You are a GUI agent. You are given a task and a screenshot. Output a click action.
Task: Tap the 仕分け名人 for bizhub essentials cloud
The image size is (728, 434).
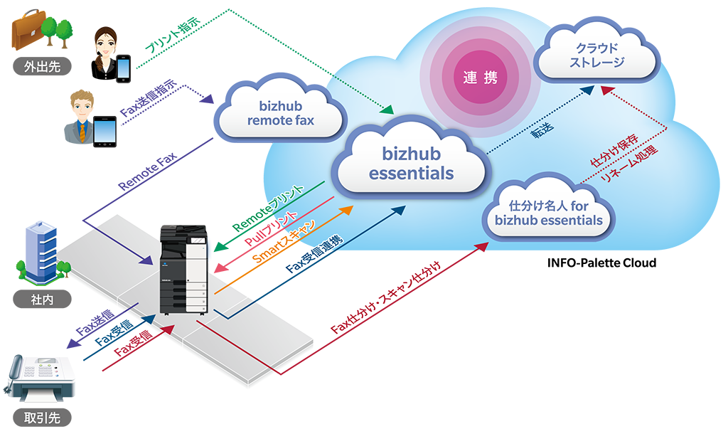[548, 213]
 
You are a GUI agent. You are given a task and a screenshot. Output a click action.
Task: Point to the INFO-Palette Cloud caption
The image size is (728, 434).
[601, 263]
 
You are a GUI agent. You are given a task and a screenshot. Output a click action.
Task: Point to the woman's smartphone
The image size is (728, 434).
[124, 68]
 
